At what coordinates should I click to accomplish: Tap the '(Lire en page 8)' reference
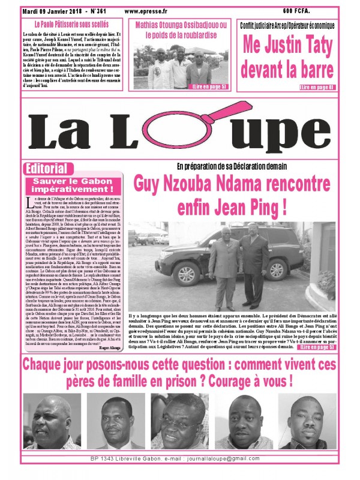pyautogui.click(x=316, y=88)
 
